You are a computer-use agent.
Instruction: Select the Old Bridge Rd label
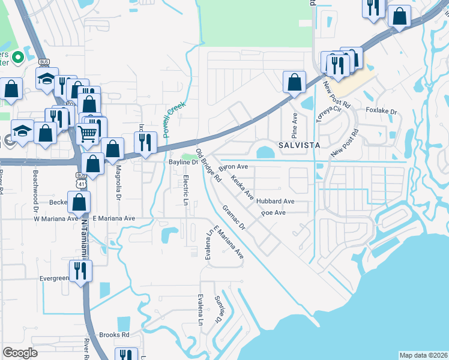click(209, 164)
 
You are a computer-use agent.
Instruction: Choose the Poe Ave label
click(273, 213)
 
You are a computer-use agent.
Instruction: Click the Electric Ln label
click(186, 190)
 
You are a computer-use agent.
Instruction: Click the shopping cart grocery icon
click(88, 134)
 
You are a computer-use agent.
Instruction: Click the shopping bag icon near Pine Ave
click(294, 82)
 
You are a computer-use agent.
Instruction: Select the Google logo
click(20, 353)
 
